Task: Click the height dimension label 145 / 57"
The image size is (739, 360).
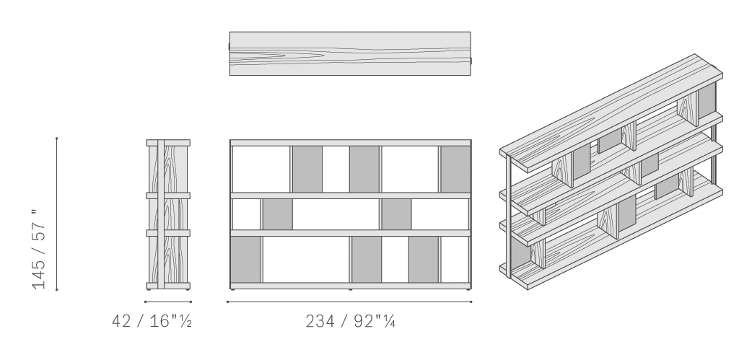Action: (39, 250)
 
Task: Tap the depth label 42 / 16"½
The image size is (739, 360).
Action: (152, 321)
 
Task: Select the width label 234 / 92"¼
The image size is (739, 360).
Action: (350, 321)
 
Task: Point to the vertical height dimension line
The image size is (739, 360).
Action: (56, 214)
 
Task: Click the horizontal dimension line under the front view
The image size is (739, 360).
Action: (349, 302)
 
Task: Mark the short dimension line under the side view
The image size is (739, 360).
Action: (168, 302)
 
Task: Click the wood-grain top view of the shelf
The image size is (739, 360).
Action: (350, 53)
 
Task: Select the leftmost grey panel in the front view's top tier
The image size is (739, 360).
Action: (307, 169)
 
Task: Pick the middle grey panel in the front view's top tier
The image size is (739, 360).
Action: (364, 169)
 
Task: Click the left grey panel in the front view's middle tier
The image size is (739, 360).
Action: (278, 214)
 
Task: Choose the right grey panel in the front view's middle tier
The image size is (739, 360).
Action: (396, 214)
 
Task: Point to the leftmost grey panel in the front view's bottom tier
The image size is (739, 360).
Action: (245, 259)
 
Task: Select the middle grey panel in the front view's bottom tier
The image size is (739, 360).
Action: (367, 259)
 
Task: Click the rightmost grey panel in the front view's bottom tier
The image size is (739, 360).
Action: (424, 259)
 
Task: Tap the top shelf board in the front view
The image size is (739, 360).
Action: (350, 143)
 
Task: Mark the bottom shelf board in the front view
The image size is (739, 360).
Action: (350, 286)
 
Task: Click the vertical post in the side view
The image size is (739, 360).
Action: (161, 214)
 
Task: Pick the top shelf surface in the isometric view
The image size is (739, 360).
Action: (611, 113)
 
